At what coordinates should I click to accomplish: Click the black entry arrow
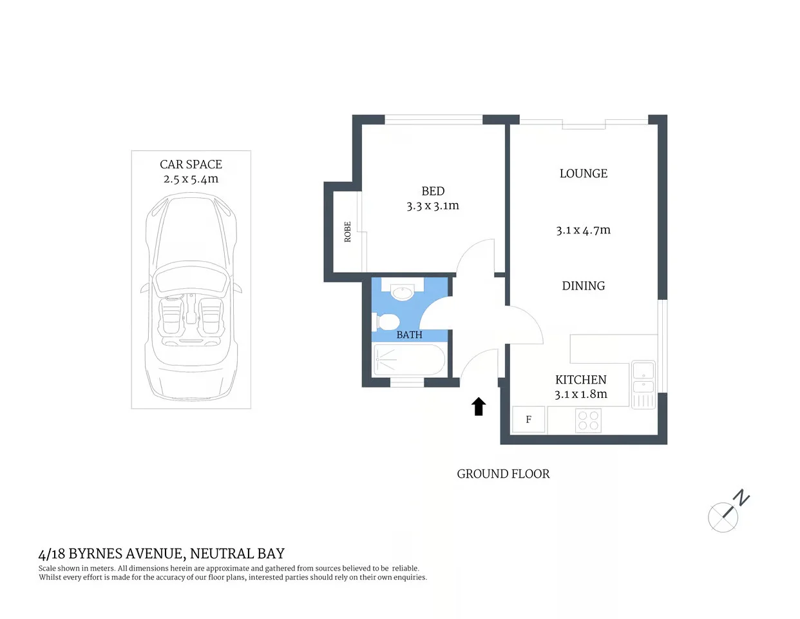coord(479,406)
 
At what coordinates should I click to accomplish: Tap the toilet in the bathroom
coord(386,321)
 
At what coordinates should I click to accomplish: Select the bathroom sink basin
coord(402,292)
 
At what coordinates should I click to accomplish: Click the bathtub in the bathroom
coord(409,360)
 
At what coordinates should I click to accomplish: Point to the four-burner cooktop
coord(588,420)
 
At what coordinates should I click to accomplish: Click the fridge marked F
coord(529,420)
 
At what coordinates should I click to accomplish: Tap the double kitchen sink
coord(643,378)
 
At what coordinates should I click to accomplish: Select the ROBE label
coord(348,231)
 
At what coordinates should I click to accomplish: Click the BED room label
coord(433,191)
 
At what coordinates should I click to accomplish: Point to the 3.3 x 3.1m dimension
coord(433,206)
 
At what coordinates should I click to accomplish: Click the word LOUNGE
coord(583,173)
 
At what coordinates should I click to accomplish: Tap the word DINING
coord(583,286)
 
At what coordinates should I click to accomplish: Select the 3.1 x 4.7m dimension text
coord(583,230)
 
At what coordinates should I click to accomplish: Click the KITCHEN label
coord(580,380)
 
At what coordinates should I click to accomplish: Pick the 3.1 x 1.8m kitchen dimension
coord(580,394)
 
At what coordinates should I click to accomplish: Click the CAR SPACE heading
coord(191,164)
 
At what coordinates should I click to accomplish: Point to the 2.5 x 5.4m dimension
coord(191,179)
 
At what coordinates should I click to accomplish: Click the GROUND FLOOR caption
coord(503,474)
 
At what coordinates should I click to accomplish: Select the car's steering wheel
coord(173,298)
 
